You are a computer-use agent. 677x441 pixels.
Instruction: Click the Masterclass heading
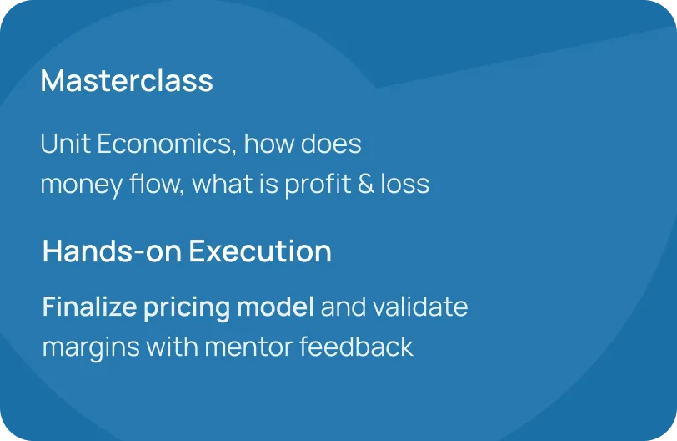pos(127,80)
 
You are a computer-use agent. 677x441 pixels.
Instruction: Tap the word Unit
pos(65,144)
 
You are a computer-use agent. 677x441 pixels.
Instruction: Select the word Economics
pos(167,144)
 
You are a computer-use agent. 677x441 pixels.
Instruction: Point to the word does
pos(331,144)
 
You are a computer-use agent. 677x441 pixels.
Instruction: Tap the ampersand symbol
pos(366,183)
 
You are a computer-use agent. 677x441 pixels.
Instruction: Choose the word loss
pos(405,183)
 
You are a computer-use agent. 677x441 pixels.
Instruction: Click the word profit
pos(318,185)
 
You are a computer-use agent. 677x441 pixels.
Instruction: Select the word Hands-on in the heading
pos(113,251)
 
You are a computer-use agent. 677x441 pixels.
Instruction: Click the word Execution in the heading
pos(260,251)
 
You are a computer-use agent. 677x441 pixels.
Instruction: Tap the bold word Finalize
pos(90,307)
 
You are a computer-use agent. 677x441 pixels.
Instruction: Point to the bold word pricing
pos(187,308)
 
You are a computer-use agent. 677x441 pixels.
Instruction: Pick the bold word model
pos(275,307)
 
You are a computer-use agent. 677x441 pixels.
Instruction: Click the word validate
pos(420,307)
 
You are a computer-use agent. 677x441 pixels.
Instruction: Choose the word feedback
pos(356,347)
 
